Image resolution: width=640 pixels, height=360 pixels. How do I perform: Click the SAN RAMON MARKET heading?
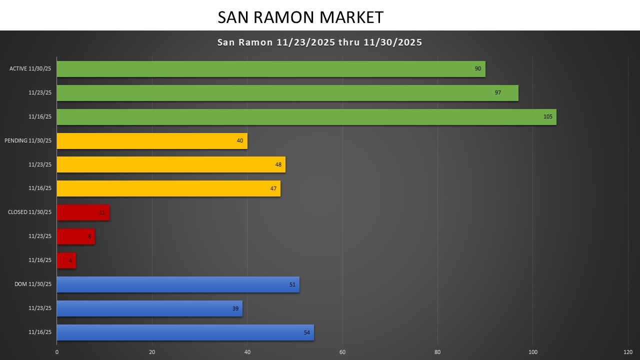tap(300, 17)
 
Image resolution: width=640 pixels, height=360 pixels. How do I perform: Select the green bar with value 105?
tap(306, 117)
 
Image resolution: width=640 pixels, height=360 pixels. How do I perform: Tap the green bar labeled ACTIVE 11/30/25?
tap(270, 69)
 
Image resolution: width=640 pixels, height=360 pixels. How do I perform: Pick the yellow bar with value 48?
tap(170, 164)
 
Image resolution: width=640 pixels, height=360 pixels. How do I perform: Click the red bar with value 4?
tap(66, 260)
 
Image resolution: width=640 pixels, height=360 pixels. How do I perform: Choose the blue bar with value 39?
tap(149, 308)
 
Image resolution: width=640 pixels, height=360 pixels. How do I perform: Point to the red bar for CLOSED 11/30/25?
tap(82, 212)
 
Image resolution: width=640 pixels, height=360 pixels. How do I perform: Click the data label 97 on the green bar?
tap(498, 93)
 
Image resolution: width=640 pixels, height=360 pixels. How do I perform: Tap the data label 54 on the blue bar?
tap(307, 332)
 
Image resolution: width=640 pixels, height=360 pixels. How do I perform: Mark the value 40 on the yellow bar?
tap(240, 141)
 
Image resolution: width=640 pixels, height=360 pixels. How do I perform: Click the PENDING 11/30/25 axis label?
tap(28, 141)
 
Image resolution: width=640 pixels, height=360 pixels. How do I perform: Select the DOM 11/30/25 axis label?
tap(33, 284)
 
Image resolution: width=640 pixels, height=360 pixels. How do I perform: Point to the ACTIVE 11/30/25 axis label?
tap(30, 69)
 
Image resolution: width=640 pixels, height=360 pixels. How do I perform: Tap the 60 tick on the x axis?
tap(342, 352)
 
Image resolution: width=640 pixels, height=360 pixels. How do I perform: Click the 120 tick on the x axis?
tap(628, 352)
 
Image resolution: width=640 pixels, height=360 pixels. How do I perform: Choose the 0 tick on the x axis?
tap(57, 352)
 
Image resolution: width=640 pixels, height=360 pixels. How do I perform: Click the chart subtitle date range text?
tap(319, 42)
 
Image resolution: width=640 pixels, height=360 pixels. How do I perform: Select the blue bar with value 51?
tap(177, 284)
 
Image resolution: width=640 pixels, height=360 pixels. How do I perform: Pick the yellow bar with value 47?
tap(168, 188)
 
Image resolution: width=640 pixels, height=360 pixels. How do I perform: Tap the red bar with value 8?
tap(75, 236)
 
